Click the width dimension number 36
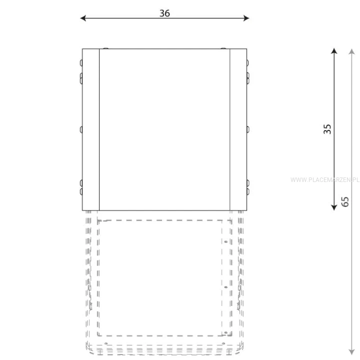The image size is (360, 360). [x=164, y=13]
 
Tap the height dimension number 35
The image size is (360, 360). [x=327, y=129]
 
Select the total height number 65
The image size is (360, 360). [x=345, y=202]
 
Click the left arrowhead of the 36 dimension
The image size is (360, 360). [x=83, y=18]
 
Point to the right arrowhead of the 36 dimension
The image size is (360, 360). [x=246, y=18]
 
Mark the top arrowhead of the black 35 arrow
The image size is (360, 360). [x=334, y=50]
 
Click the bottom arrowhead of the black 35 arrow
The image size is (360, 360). [x=334, y=207]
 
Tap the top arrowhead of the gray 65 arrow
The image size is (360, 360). [x=351, y=51]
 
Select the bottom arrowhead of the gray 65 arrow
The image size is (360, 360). [x=351, y=352]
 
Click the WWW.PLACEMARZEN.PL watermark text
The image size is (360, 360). [x=325, y=180]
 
